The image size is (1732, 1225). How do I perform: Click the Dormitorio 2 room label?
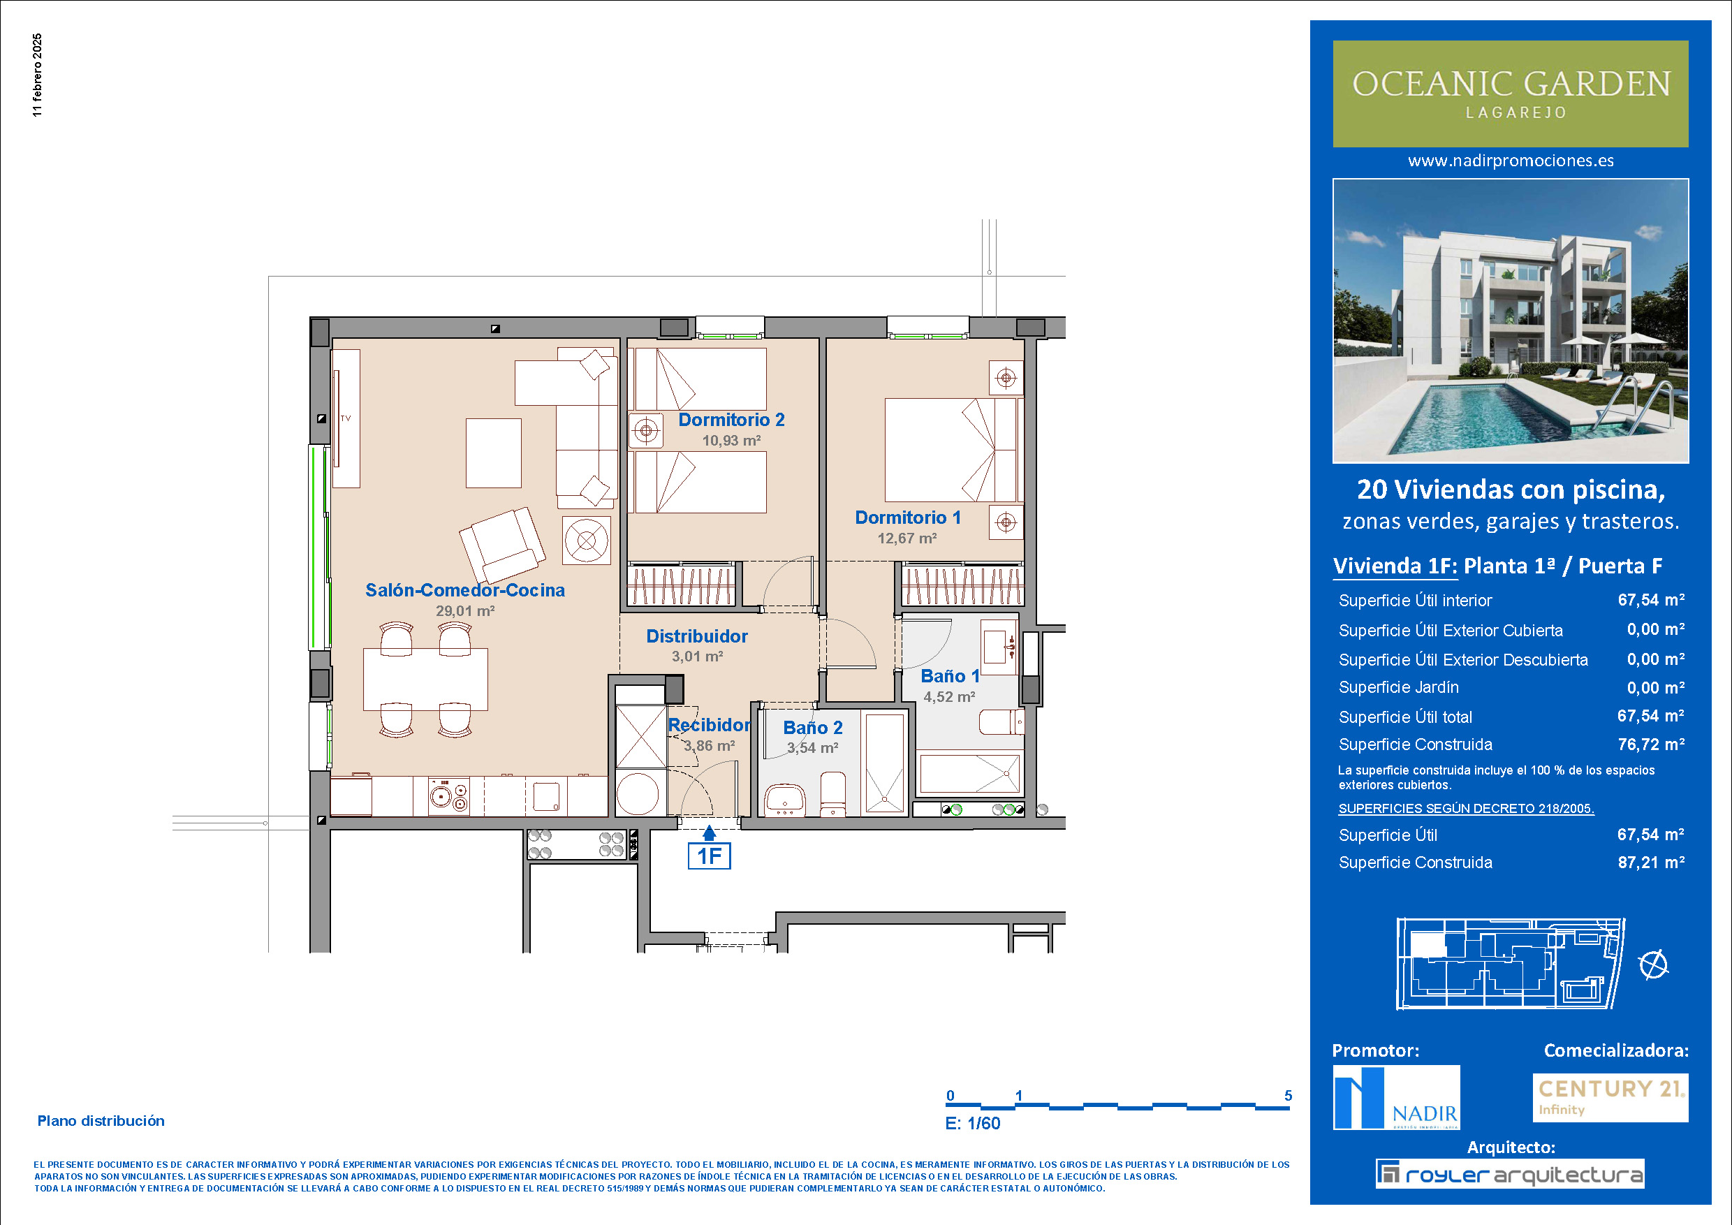tap(731, 420)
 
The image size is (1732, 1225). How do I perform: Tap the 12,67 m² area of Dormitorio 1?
tap(907, 538)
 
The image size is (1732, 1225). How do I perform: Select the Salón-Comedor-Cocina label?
tap(464, 590)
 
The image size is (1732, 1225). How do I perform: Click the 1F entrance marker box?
tap(709, 856)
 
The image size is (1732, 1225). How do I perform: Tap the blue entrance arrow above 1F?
tap(709, 832)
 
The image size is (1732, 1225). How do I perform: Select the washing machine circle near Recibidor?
tap(638, 793)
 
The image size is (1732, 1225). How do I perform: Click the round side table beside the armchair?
tap(586, 540)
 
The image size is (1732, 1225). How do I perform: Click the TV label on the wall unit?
tap(346, 418)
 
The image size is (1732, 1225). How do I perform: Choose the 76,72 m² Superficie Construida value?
tap(1650, 744)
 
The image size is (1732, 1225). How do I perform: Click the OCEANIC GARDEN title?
tap(1511, 84)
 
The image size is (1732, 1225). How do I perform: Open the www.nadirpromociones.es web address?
tap(1511, 161)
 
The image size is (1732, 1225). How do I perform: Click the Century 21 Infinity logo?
tap(1610, 1097)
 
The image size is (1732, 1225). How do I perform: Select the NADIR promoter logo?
tap(1396, 1096)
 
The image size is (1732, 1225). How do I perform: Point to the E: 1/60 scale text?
tap(972, 1123)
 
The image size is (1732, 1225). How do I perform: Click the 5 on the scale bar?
tap(1289, 1095)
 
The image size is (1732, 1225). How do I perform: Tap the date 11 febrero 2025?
tap(38, 75)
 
